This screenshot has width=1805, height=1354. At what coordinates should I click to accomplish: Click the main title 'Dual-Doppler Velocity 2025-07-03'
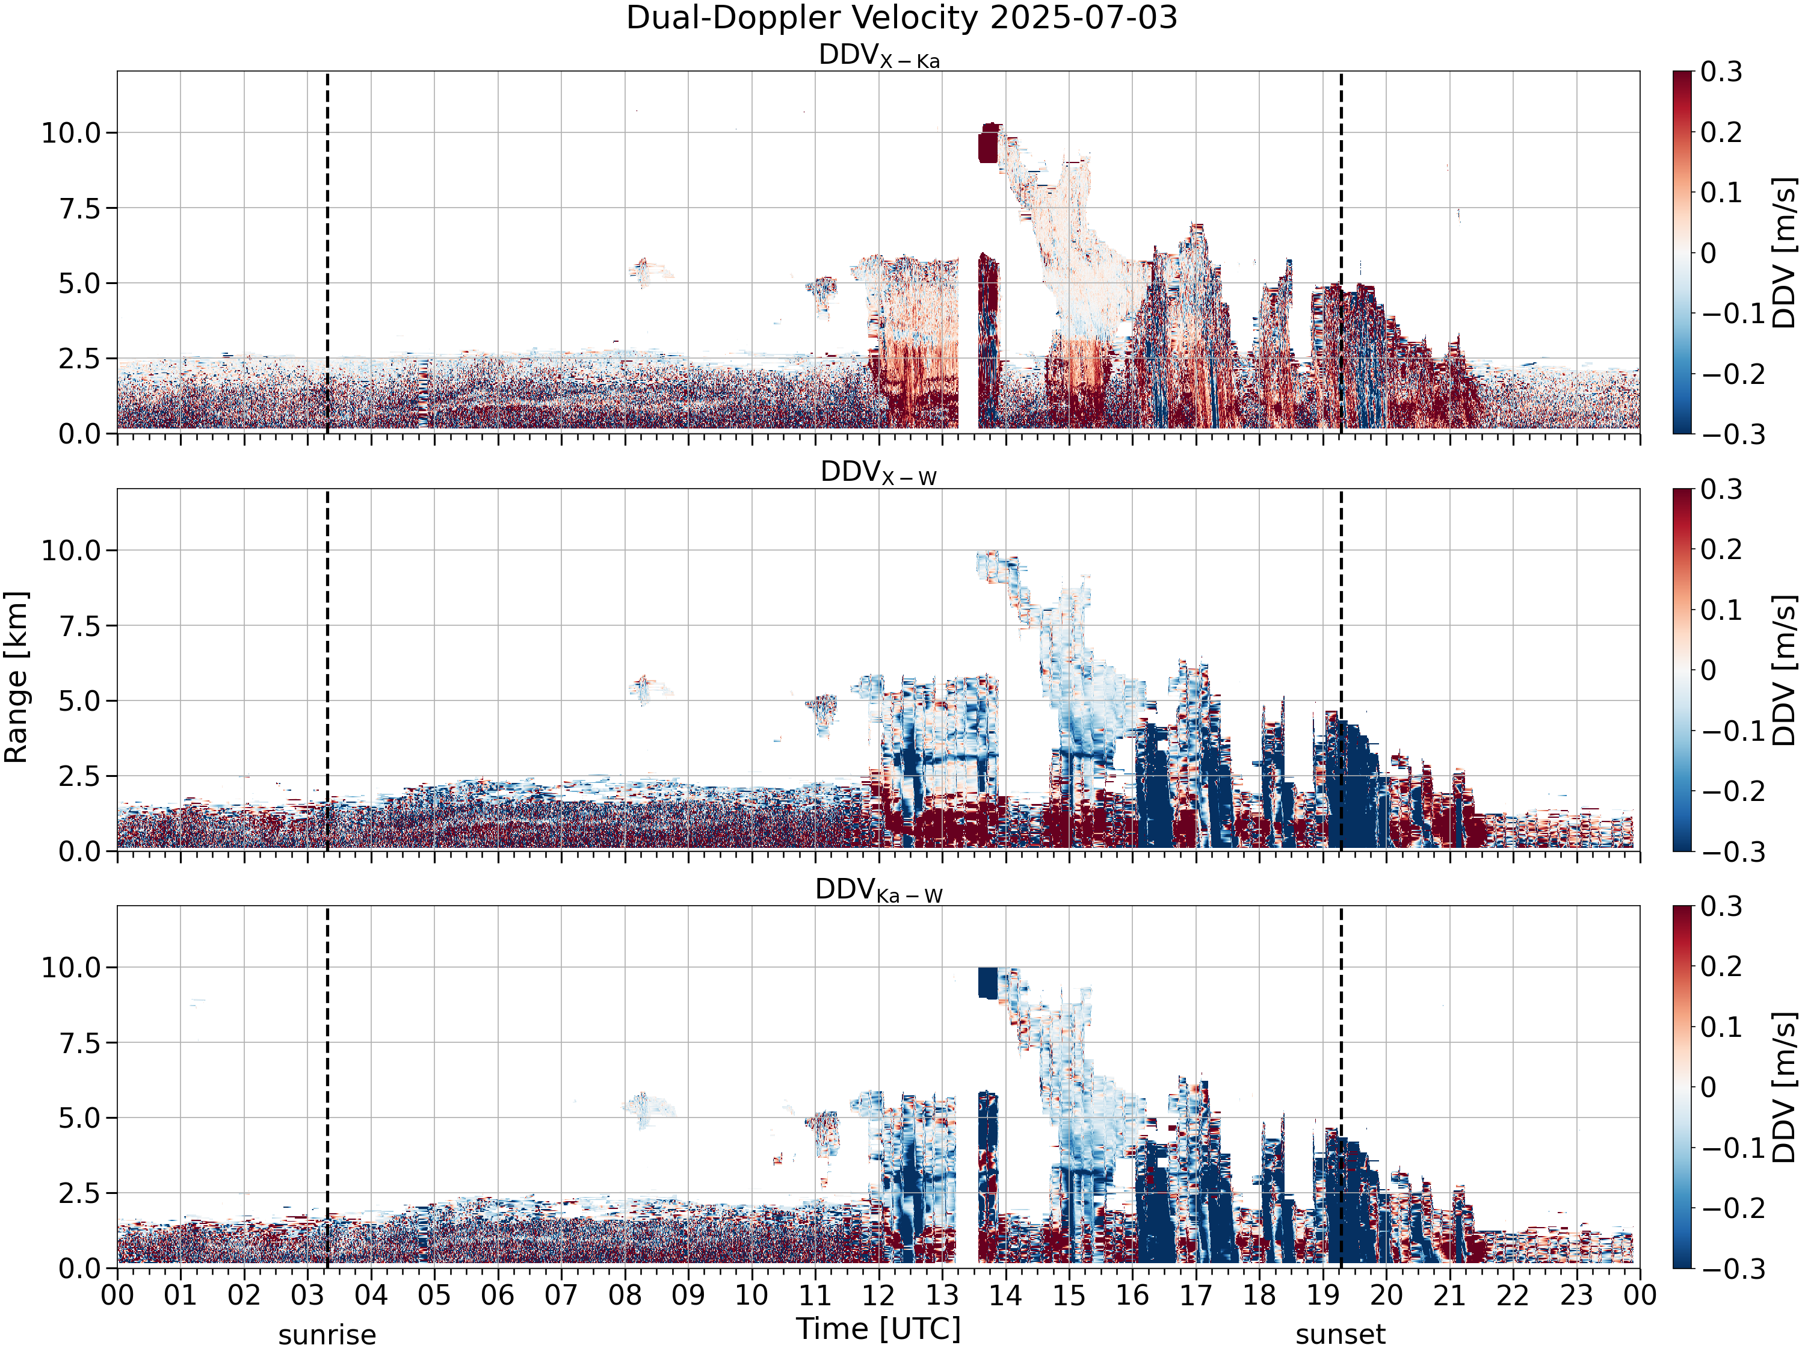(902, 18)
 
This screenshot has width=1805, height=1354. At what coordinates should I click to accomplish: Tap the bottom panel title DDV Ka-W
(879, 891)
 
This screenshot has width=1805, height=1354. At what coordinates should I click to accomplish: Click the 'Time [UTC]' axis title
(879, 1329)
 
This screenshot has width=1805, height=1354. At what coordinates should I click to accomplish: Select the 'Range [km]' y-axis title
(16, 678)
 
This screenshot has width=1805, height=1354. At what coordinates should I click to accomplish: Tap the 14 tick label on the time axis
(1005, 1295)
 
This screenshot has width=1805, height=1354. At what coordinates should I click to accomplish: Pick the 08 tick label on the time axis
(625, 1295)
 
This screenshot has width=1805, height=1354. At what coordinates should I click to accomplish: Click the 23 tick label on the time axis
(1576, 1295)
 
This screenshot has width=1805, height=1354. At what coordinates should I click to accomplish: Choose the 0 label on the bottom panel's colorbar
(1709, 1087)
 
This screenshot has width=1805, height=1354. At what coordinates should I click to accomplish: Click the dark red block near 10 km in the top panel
(987, 147)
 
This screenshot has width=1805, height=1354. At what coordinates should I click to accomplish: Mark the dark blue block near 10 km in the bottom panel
(987, 983)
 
